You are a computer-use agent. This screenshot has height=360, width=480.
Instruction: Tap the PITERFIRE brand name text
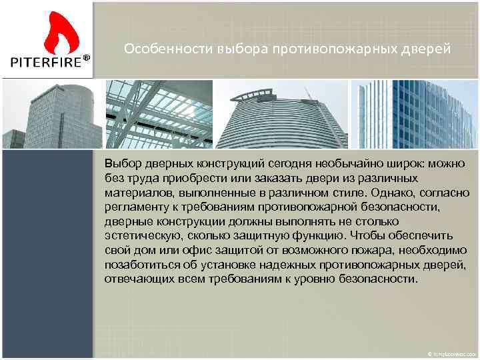tap(45, 62)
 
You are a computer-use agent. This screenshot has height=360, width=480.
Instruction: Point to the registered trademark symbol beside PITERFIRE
tap(87, 59)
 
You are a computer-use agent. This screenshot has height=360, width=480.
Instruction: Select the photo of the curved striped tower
tap(282, 114)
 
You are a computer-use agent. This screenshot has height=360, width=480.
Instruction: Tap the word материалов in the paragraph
tap(133, 193)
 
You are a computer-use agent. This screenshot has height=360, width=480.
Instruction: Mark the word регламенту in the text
tap(134, 207)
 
